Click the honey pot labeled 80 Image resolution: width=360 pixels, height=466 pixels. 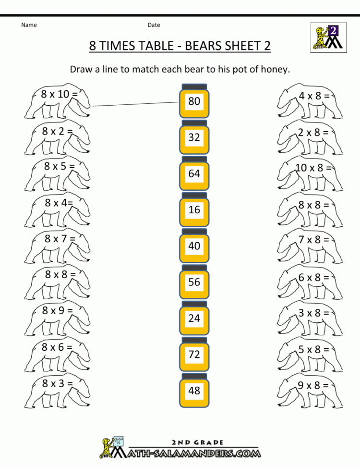point(194,101)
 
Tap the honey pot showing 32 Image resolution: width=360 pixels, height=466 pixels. point(194,137)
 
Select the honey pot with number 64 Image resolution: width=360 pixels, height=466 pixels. point(194,173)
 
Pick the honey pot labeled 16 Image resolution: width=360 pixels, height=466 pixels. point(194,209)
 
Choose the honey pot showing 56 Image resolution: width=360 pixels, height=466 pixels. point(194,282)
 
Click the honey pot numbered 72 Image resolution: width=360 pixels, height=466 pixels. point(194,355)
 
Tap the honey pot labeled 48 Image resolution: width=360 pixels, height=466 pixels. point(194,391)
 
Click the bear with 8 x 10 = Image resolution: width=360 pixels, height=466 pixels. point(57,101)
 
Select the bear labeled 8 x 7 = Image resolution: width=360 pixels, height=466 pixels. point(57,246)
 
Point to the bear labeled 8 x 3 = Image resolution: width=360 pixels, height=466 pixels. point(57,391)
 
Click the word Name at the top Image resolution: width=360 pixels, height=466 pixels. point(29,25)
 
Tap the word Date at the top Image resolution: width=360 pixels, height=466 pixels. point(154,25)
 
